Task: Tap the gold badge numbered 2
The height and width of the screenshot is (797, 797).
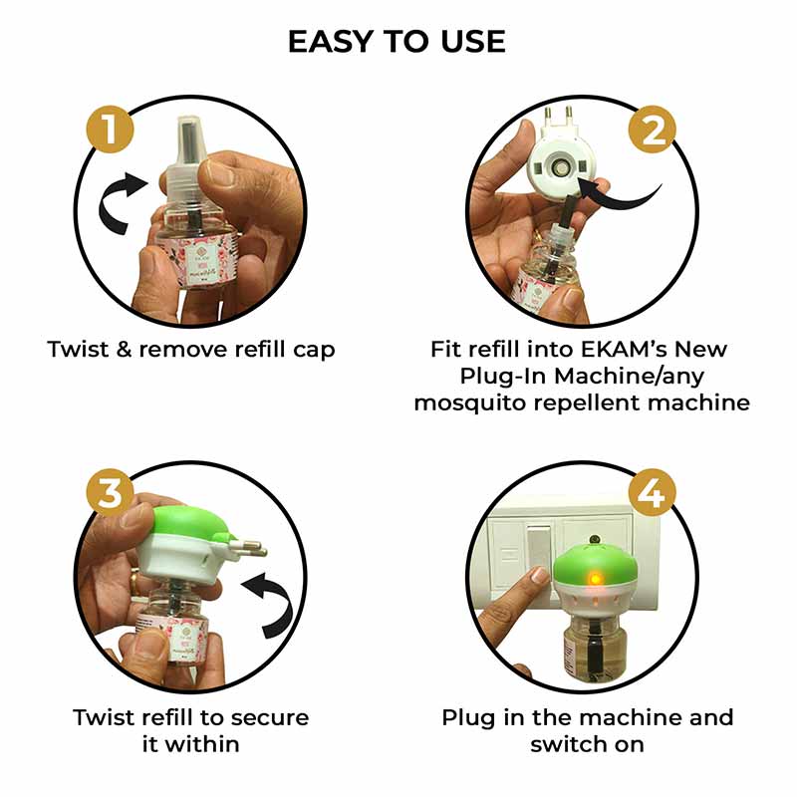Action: point(653,130)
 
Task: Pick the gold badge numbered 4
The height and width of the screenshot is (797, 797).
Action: point(653,493)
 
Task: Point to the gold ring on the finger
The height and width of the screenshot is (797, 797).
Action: point(132,579)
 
